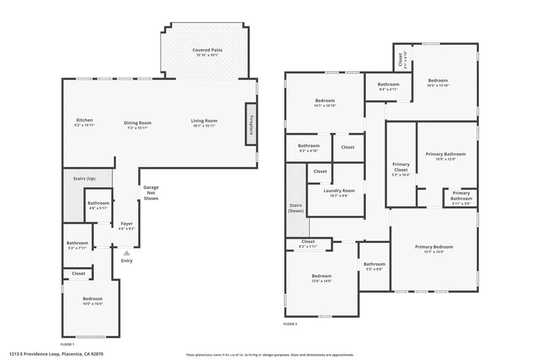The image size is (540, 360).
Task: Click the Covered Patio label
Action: (x=207, y=50)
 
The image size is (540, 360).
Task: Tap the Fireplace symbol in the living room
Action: (x=250, y=124)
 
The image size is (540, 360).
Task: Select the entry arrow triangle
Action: (x=127, y=254)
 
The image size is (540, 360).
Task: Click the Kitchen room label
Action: (x=84, y=121)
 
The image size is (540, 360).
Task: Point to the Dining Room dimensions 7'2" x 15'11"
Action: (x=138, y=128)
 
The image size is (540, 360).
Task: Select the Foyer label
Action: (x=127, y=223)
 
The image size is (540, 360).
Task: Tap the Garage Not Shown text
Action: (x=151, y=193)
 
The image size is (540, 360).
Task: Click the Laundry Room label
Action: (x=335, y=191)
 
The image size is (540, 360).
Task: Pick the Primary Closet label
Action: (x=401, y=167)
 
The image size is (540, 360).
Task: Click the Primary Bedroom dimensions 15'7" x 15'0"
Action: (x=433, y=252)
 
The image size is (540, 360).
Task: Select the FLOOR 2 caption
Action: (x=290, y=324)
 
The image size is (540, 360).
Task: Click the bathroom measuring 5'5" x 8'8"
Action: (x=374, y=267)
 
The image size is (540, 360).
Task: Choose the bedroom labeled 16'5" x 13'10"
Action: (x=438, y=83)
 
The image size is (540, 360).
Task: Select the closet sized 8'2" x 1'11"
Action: (x=308, y=244)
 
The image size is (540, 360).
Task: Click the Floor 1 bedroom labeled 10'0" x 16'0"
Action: (x=92, y=301)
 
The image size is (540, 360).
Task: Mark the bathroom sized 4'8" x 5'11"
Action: (x=98, y=205)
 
